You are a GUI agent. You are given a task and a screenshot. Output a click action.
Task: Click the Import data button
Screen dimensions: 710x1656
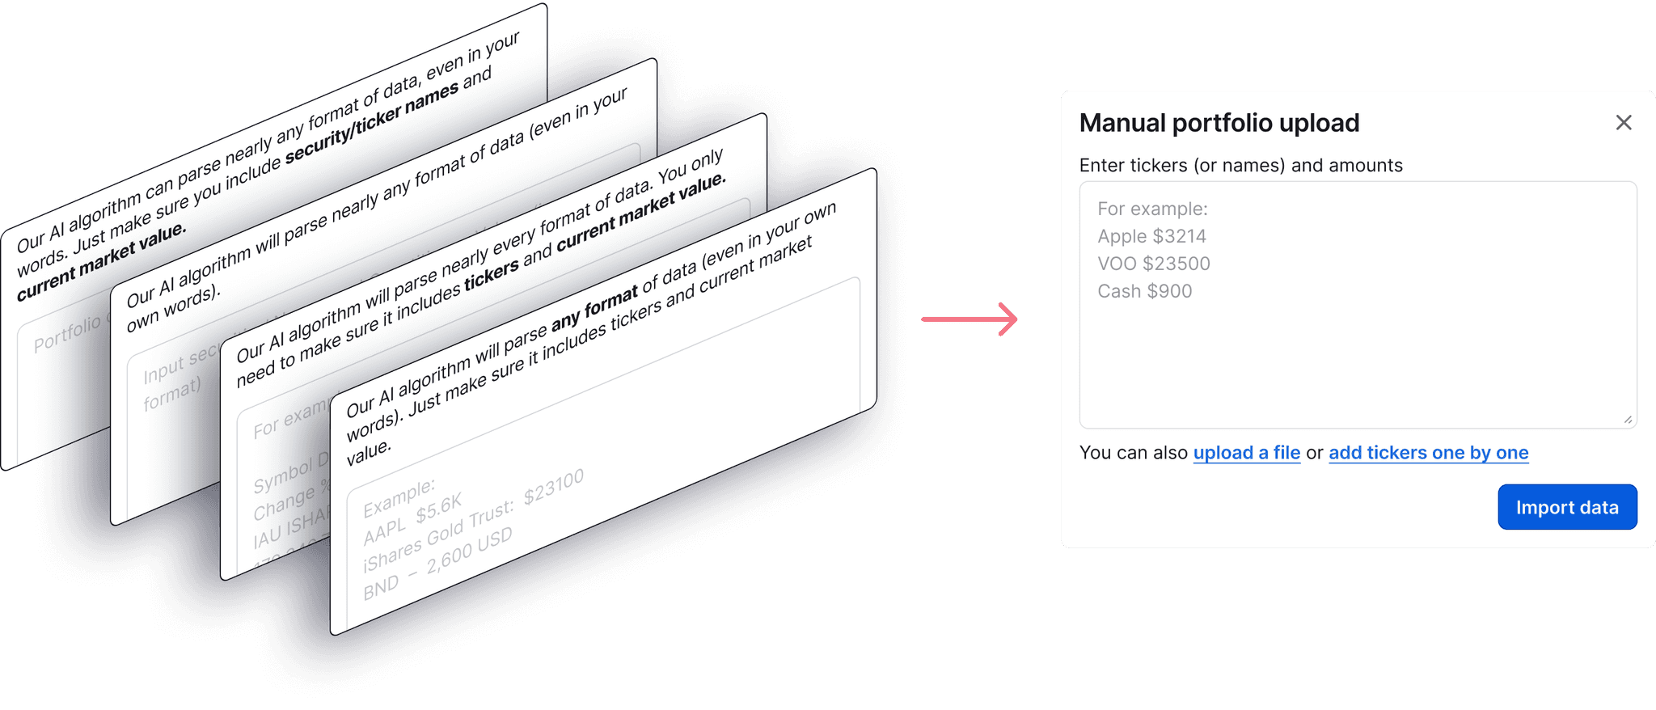point(1566,507)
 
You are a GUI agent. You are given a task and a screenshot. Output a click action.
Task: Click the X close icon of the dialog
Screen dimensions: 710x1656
point(1623,123)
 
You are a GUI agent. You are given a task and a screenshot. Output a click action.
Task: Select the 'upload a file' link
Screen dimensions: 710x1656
point(1246,453)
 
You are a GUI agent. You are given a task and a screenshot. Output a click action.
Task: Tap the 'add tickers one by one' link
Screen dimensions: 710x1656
point(1428,453)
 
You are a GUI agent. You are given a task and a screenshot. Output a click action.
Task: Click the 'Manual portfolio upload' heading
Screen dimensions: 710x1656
point(1219,123)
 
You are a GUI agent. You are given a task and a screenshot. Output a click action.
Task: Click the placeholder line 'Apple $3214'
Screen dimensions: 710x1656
point(1151,236)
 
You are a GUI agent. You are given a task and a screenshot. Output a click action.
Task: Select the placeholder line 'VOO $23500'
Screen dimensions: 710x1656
point(1153,264)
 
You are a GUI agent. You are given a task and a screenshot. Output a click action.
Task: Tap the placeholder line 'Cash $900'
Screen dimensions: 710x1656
point(1144,291)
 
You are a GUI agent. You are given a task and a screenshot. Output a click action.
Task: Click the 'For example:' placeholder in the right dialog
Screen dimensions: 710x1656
point(1152,209)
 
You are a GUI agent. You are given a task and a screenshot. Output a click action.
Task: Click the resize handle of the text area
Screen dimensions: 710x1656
point(1628,420)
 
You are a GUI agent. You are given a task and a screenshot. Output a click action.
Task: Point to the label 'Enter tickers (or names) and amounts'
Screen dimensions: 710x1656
point(1240,166)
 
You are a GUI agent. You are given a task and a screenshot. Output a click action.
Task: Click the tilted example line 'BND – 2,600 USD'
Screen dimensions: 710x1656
point(437,564)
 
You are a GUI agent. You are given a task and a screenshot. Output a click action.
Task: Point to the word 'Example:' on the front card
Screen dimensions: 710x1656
point(399,497)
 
